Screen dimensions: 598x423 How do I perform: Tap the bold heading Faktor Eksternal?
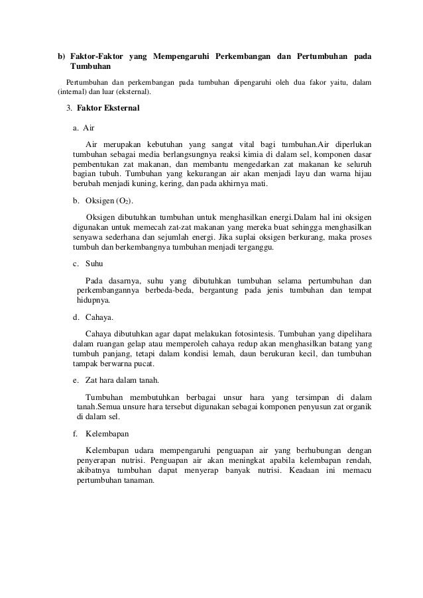pyautogui.click(x=108, y=108)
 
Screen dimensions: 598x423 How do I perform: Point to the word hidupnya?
pyautogui.click(x=94, y=300)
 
